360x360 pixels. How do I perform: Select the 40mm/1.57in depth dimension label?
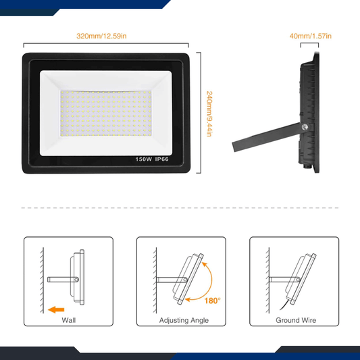pyautogui.click(x=315, y=36)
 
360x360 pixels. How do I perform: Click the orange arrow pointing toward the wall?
pyautogui.click(x=57, y=310)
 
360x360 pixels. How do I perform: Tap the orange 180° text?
pyautogui.click(x=213, y=301)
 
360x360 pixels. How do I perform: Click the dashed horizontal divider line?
pyautogui.click(x=180, y=208)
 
